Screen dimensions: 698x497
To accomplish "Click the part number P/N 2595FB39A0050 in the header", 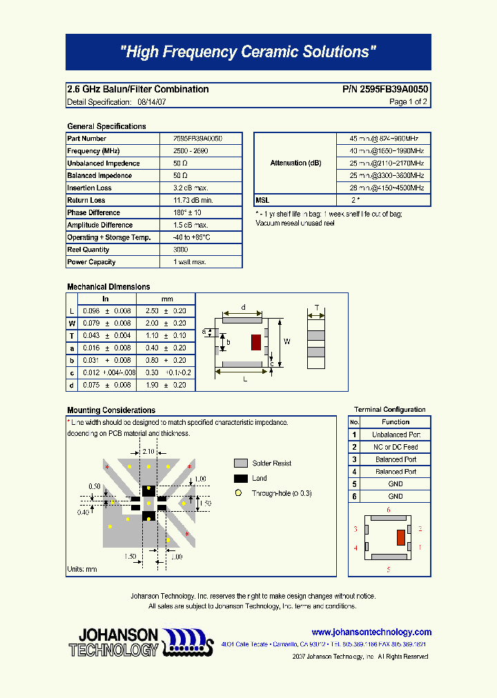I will pos(385,89).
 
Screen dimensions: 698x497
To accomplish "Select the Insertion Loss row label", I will pos(89,188).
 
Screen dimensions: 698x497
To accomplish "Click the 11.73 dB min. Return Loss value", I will pos(193,201).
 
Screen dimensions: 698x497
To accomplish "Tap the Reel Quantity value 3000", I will pos(181,250).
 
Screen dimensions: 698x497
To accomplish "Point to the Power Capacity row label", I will pos(91,262).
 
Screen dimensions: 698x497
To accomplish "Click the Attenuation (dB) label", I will pos(295,163).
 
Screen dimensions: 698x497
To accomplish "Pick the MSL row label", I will pos(262,200).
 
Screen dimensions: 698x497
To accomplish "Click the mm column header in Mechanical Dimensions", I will pos(167,299).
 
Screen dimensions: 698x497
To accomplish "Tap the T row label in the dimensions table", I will pos(72,335).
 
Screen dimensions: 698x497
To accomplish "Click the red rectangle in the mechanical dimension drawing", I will pos(255,342).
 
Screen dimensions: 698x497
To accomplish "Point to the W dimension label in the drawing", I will pos(287,341).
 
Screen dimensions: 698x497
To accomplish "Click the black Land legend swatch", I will pos(240,479).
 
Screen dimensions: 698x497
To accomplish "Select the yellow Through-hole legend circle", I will pos(239,493).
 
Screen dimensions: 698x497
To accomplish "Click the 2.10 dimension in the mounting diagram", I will pos(148,451).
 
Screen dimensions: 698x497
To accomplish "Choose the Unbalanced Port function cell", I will pos(396,435).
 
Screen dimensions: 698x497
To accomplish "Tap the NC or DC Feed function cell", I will pos(396,447).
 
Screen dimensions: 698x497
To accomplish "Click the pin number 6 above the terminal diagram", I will pos(389,510).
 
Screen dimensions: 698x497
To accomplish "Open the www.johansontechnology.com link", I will pos(371,632).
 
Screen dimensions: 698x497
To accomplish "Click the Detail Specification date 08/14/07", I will pos(151,102).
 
